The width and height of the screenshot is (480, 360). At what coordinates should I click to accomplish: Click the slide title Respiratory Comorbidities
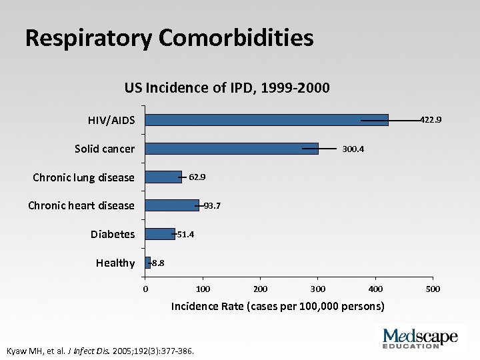point(169,38)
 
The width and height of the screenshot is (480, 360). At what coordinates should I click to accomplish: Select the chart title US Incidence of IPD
point(227,88)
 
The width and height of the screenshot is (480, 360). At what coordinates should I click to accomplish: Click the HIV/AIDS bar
point(267,120)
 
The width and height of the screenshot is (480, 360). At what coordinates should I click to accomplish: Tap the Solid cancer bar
point(231,149)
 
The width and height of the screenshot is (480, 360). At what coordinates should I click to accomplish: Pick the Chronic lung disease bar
point(163,177)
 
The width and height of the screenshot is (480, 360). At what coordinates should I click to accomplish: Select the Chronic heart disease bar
point(172,205)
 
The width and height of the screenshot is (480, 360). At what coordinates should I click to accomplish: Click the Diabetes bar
point(160,234)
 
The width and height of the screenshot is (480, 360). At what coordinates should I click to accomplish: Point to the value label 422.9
point(430,120)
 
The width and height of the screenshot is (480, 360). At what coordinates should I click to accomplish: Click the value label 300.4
point(353,149)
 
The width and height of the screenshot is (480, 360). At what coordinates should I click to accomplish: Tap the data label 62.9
point(197,177)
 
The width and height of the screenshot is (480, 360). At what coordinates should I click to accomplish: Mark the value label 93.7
point(212,206)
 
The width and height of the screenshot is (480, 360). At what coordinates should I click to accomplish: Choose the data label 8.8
point(158,263)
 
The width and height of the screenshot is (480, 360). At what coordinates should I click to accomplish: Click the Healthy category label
point(115,263)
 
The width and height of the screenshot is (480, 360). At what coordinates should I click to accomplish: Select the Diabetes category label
point(113,234)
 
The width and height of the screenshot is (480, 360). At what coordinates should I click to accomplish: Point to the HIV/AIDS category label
point(111,121)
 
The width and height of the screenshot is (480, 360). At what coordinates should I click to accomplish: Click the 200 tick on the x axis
point(261,289)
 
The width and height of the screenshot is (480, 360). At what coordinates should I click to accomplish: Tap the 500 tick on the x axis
point(433,289)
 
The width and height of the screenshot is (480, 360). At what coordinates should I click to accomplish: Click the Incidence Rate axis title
point(278,307)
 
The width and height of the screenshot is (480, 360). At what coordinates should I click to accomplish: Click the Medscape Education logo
point(420,337)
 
